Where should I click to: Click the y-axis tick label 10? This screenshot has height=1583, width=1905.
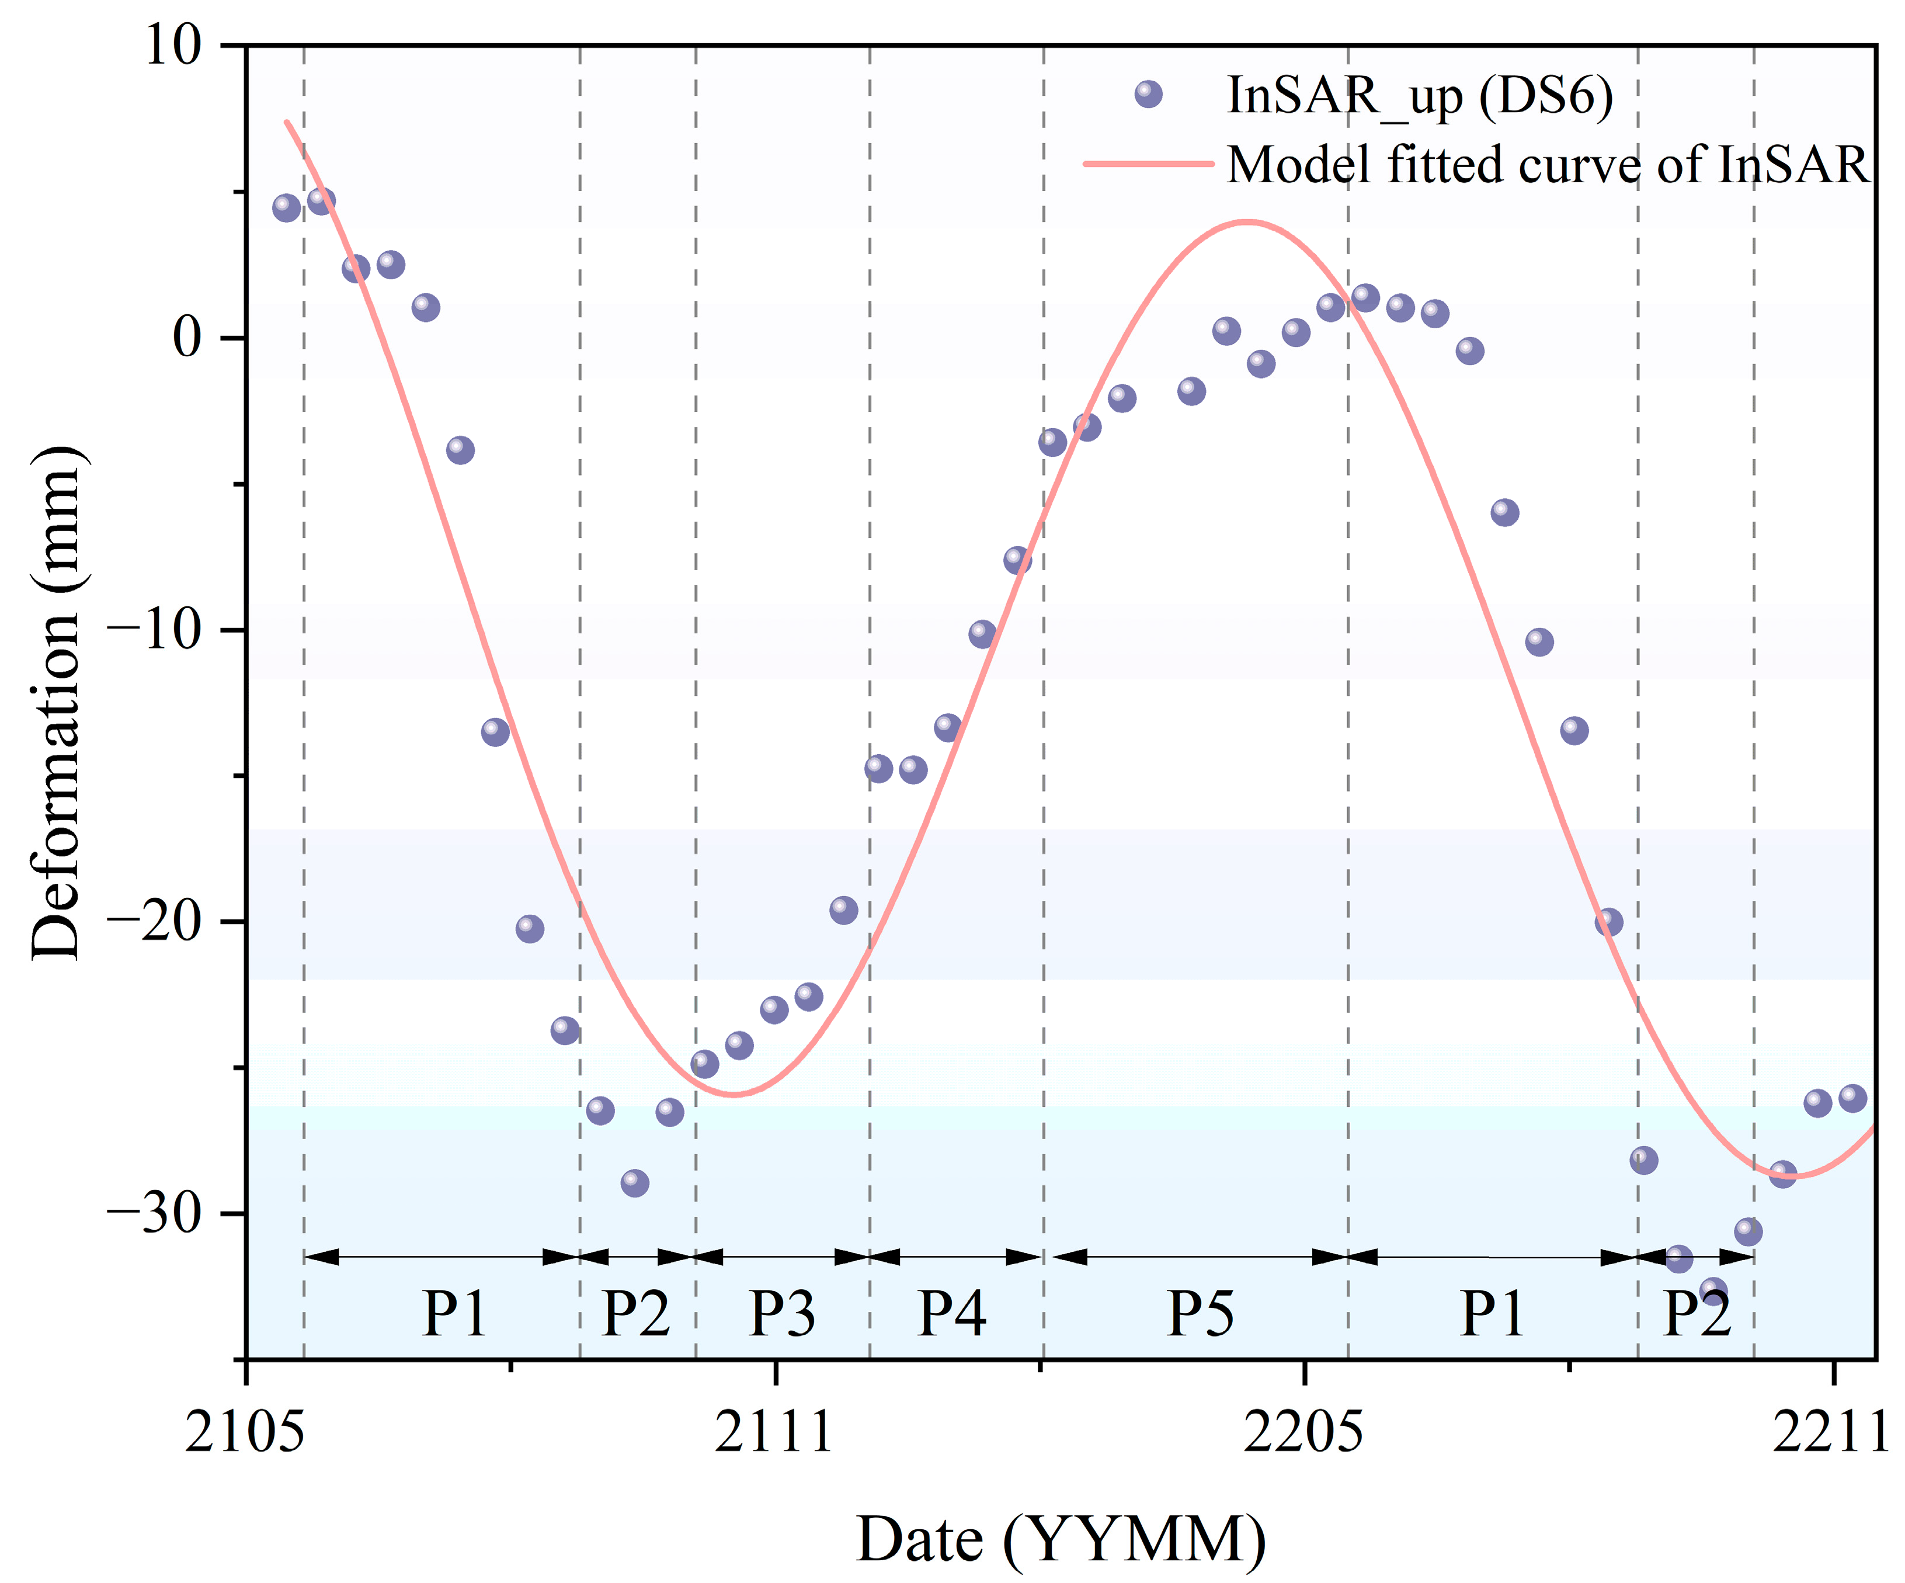pos(172,46)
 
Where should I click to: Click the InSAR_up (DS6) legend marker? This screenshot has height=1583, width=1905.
pos(1149,93)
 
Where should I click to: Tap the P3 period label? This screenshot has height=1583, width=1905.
pos(782,1313)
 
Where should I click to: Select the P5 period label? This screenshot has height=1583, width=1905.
pos(1200,1313)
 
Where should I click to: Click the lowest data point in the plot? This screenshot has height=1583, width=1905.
pos(1713,1291)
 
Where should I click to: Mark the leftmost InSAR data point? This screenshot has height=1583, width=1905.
pos(286,208)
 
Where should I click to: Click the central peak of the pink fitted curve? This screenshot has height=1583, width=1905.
pos(1247,221)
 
